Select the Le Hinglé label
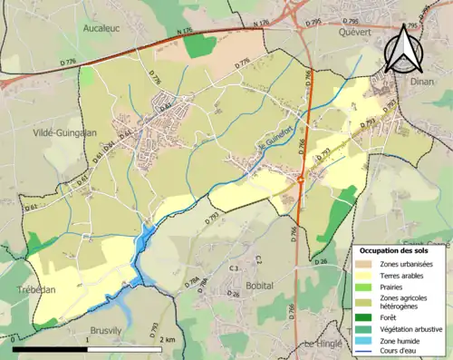(x=323, y=344)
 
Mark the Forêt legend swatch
(x=368, y=316)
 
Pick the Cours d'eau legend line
(x=368, y=351)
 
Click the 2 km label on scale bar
(x=168, y=339)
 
